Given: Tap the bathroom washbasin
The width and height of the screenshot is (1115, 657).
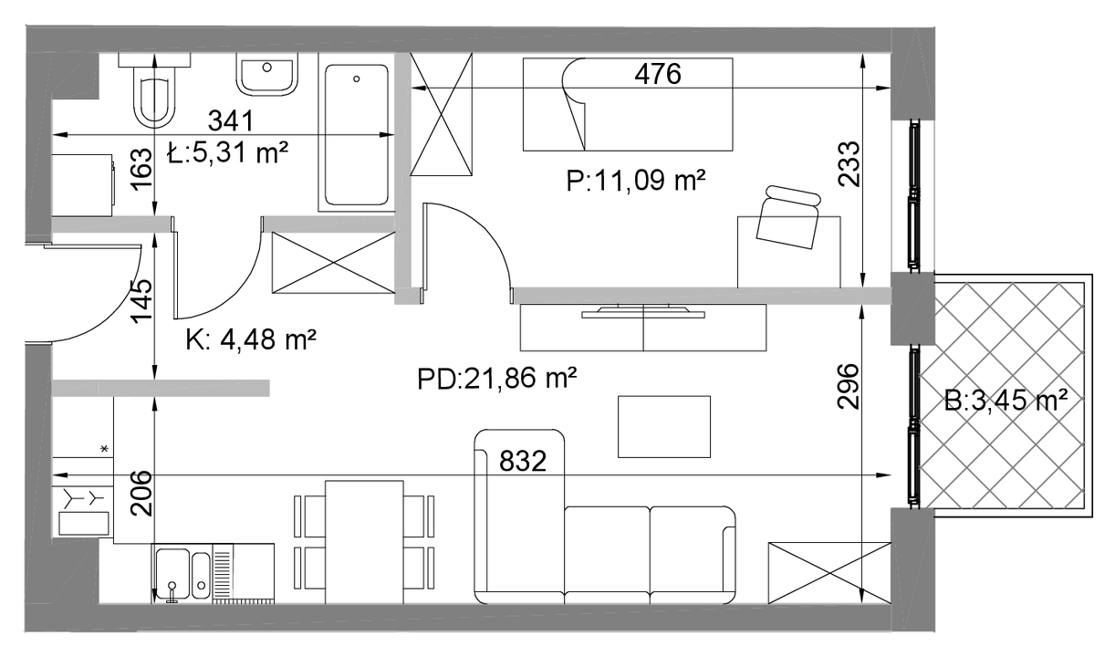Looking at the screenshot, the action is click(267, 75).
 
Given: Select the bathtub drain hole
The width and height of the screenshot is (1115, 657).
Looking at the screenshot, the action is click(357, 79).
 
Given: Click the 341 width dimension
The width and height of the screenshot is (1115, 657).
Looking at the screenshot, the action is click(231, 120).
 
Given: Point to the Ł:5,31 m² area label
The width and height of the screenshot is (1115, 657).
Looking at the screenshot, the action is click(227, 151).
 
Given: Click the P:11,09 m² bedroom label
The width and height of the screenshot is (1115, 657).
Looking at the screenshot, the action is click(636, 180).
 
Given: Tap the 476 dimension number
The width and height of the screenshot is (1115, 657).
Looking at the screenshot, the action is click(658, 74).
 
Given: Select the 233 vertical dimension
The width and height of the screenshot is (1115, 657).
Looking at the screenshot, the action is click(849, 164).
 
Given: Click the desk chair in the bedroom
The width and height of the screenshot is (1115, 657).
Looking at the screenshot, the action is click(789, 216).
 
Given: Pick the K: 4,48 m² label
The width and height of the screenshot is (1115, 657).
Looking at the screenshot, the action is click(251, 340).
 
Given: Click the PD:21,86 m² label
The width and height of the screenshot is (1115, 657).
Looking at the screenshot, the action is click(496, 379).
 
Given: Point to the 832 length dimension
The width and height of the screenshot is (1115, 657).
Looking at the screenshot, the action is click(523, 461).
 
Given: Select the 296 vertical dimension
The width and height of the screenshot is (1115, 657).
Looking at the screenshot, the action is click(849, 387).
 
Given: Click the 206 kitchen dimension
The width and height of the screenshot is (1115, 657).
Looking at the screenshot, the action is click(141, 493).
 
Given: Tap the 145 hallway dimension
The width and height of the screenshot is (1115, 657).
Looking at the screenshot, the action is click(141, 301).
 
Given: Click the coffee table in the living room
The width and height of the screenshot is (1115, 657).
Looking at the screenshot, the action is click(664, 426).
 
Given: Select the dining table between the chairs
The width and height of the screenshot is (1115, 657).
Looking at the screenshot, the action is click(364, 542).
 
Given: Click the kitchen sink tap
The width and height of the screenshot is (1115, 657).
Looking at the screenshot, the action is click(172, 592).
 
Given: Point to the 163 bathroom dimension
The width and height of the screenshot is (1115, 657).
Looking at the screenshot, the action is click(141, 169).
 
